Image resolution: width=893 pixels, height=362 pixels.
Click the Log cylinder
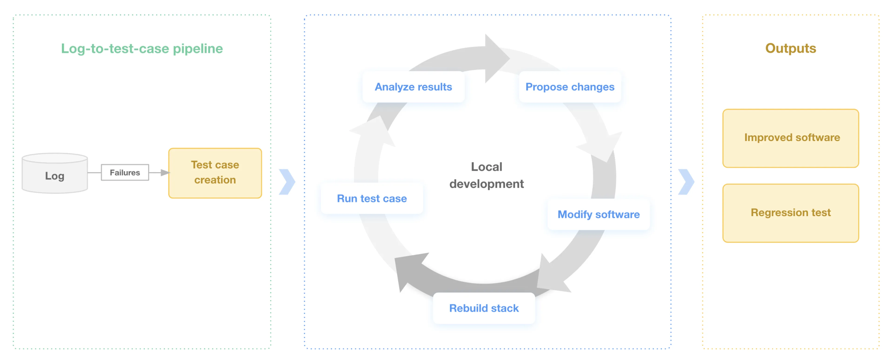[55, 173]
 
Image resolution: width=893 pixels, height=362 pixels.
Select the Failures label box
[125, 172]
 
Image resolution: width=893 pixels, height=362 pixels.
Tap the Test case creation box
[215, 173]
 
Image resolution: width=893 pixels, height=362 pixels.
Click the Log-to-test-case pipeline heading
[142, 49]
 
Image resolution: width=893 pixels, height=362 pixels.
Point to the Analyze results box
[413, 87]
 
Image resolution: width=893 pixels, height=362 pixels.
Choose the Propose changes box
[570, 87]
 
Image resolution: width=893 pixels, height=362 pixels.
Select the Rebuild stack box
[484, 308]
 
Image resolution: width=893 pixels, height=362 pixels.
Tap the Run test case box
[372, 198]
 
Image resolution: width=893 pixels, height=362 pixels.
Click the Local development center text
[486, 175]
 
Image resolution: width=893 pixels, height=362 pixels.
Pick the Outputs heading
[791, 48]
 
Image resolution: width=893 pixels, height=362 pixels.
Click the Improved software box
[791, 138]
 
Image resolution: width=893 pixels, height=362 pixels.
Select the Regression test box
[791, 213]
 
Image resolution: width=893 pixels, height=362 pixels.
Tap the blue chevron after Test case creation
[287, 182]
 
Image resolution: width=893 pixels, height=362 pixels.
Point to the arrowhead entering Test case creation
[165, 172]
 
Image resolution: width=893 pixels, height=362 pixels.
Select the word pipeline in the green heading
[198, 49]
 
